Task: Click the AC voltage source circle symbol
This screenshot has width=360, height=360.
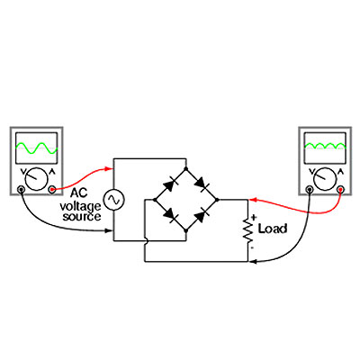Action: (113, 200)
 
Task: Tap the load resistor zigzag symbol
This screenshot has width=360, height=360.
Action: (248, 230)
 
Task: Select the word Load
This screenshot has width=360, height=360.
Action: (273, 229)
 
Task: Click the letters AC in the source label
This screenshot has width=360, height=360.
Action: (79, 193)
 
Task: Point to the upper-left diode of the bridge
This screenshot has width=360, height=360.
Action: (170, 184)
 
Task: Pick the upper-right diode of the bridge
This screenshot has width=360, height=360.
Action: (202, 184)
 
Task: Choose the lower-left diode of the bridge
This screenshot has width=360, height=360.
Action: (170, 214)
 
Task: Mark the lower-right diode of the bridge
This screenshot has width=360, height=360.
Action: (202, 215)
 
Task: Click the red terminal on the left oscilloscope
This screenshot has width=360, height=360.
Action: (51, 189)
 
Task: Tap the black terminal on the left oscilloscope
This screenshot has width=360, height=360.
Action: (21, 189)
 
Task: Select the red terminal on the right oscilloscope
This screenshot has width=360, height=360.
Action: (340, 189)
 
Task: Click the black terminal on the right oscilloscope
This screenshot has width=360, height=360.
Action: (310, 189)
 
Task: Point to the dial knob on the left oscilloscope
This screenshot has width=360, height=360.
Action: (36, 179)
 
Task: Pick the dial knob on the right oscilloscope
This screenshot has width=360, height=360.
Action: (325, 179)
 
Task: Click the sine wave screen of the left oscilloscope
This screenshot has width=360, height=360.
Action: (36, 148)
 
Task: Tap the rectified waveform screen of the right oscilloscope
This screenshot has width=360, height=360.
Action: (325, 148)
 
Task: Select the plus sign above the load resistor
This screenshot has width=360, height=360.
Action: (254, 217)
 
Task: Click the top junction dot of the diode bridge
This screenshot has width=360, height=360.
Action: (186, 169)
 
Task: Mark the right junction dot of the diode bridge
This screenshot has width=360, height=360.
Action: (217, 200)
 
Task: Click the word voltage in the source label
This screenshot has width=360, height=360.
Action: (80, 207)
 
